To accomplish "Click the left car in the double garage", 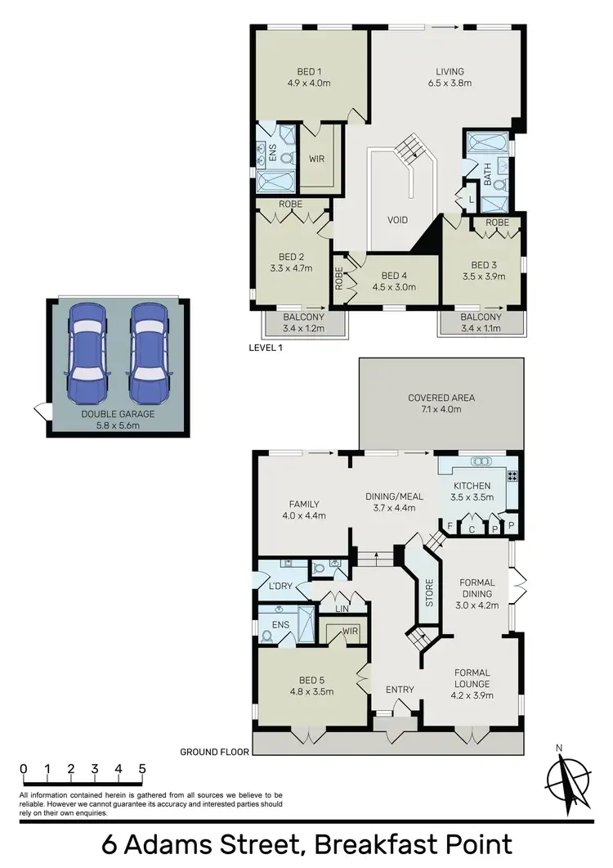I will coord(87,353).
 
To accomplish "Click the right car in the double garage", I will coord(149,353).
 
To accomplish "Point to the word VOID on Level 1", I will coord(396,220).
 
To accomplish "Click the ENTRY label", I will coord(400,690).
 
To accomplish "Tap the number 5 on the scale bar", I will coord(142,769).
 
